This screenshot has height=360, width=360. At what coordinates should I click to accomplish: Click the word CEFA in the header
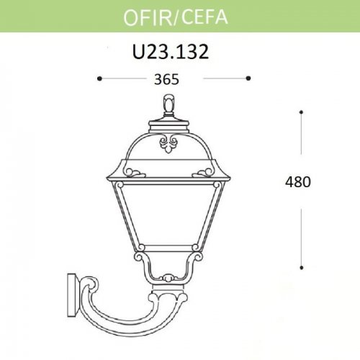click(x=204, y=15)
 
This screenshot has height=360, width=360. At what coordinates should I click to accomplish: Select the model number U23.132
click(x=171, y=52)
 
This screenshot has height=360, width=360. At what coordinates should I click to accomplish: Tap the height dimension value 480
click(x=297, y=182)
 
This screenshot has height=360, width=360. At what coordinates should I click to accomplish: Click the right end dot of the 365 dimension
click(x=248, y=77)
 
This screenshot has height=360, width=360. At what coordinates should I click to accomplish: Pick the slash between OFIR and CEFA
click(x=176, y=15)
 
